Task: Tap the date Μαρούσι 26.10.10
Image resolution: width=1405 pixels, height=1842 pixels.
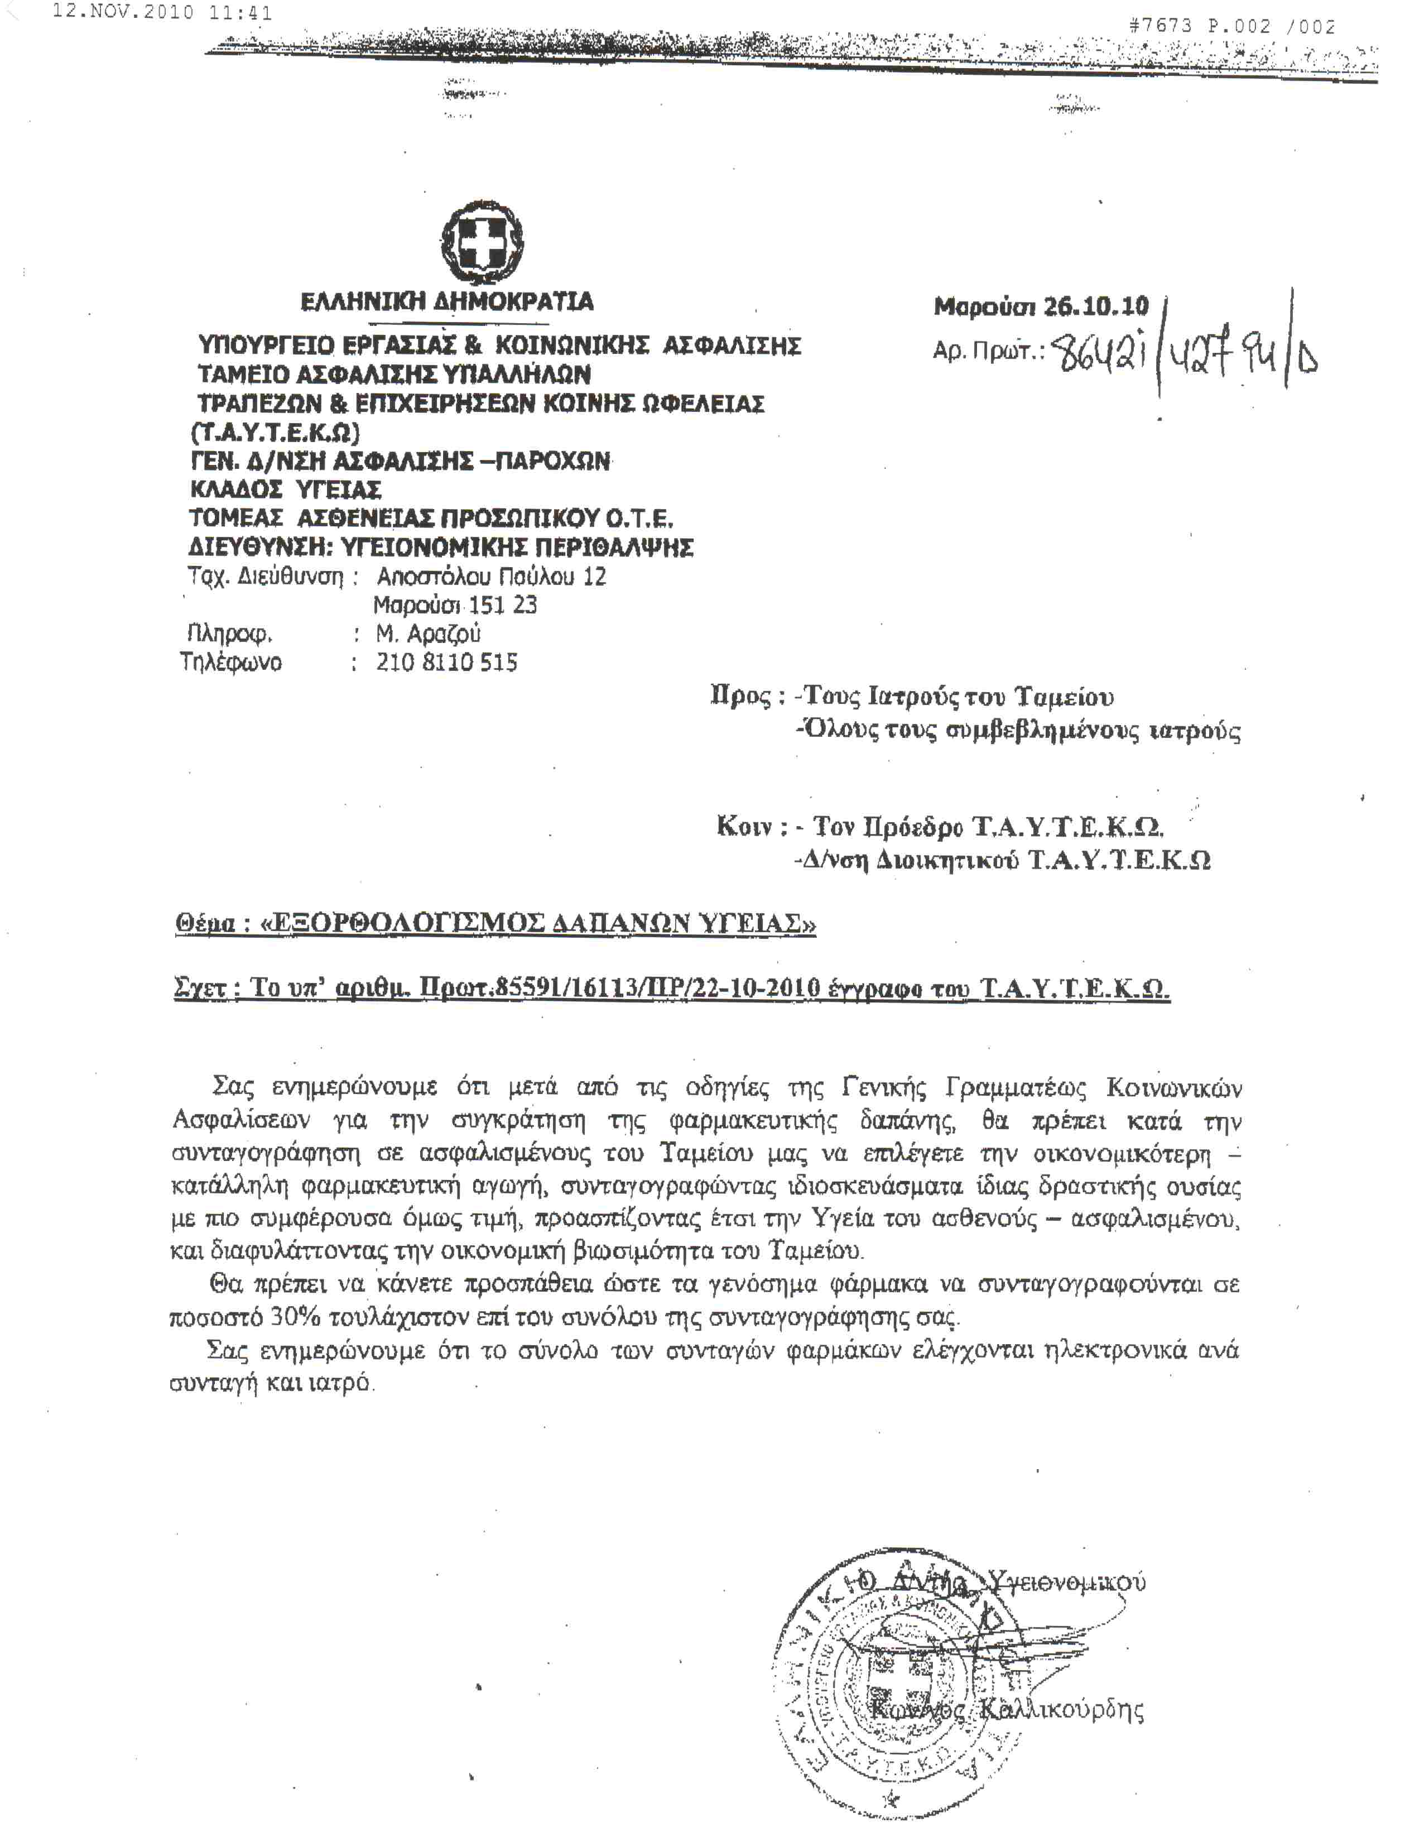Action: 1041,307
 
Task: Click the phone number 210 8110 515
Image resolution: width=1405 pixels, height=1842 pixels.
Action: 446,663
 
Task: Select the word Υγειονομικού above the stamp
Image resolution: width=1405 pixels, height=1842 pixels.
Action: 1066,1582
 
